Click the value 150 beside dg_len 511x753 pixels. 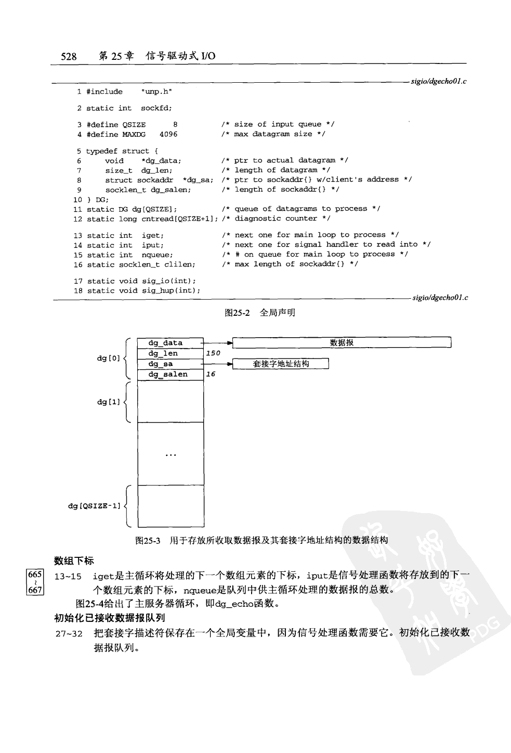point(213,353)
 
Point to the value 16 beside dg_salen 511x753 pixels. point(211,374)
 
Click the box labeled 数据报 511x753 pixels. point(342,342)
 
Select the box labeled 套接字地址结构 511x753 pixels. point(281,364)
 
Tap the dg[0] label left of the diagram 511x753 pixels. point(108,358)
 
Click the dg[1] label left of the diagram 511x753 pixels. point(108,402)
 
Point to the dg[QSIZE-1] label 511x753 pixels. point(94,506)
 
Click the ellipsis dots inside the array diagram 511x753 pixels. point(171,455)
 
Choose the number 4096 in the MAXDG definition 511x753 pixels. point(168,134)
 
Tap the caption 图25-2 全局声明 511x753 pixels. point(260,313)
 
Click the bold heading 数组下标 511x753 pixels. point(74,561)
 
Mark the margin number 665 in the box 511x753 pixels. point(35,575)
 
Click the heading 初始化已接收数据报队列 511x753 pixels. point(110,618)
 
